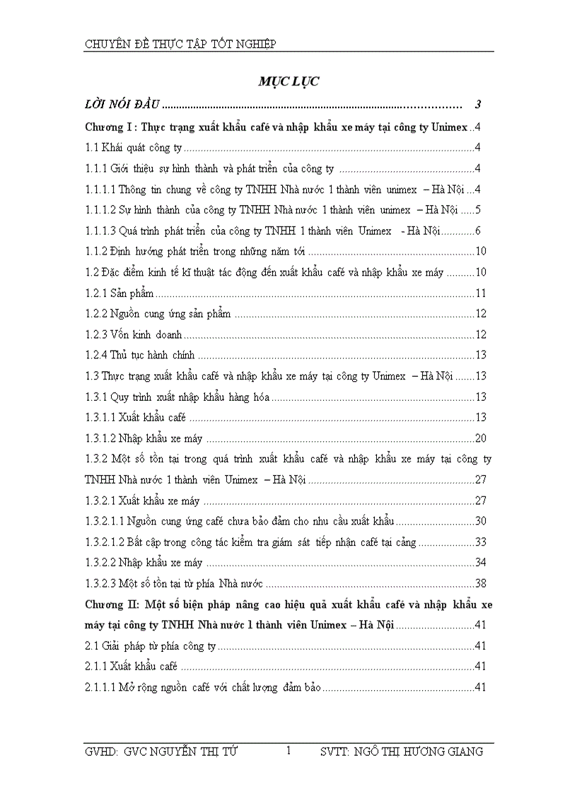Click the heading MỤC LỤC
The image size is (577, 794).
[x=288, y=81]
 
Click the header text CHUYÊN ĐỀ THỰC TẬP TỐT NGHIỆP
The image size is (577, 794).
[x=180, y=45]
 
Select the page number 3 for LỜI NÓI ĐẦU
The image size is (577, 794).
[x=478, y=105]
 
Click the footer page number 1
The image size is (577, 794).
[x=288, y=751]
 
